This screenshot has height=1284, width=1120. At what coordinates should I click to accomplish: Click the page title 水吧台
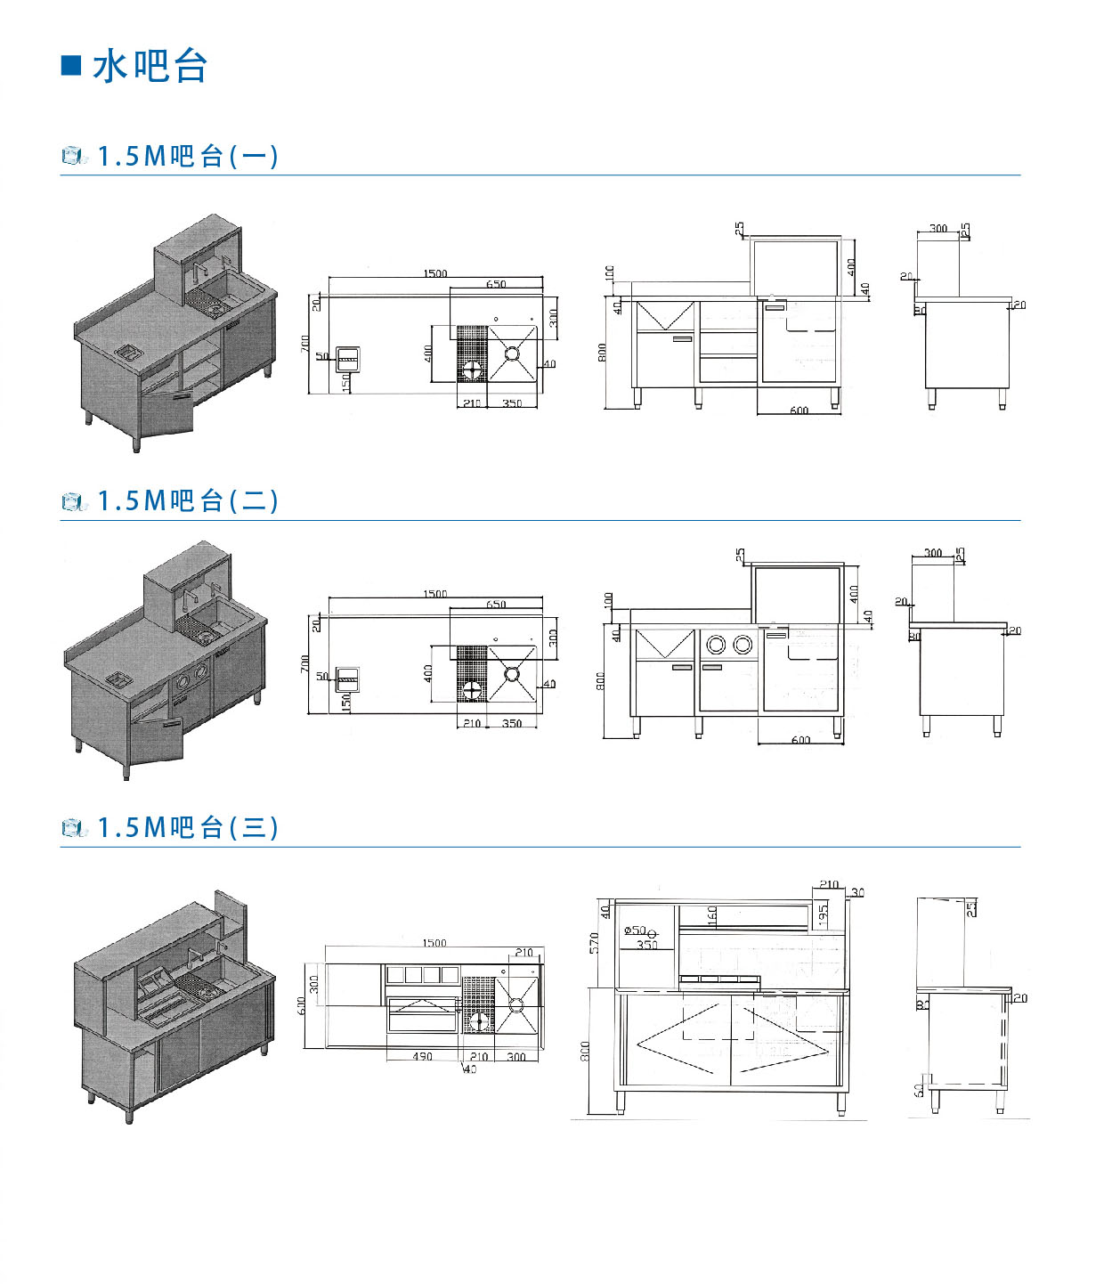(150, 67)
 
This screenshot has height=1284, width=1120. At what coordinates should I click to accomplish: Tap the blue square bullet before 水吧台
(71, 65)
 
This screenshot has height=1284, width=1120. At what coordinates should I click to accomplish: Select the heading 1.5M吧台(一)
(187, 157)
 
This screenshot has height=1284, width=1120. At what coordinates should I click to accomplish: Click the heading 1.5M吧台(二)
(187, 501)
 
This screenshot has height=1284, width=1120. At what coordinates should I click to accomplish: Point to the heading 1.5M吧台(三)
(187, 828)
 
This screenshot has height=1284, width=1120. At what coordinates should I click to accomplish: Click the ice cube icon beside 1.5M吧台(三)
(74, 829)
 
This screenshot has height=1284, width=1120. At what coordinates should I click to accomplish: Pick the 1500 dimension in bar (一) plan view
(435, 273)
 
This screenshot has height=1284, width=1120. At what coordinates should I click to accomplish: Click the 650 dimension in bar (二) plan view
(496, 605)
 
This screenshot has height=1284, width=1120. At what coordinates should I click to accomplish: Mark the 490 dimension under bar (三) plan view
(422, 1057)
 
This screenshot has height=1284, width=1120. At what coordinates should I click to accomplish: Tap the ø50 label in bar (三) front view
(636, 930)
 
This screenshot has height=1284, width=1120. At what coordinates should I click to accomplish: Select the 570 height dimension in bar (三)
(595, 943)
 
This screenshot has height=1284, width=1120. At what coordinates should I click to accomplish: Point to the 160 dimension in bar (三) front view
(712, 915)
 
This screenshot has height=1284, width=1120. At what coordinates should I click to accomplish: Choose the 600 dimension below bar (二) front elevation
(800, 741)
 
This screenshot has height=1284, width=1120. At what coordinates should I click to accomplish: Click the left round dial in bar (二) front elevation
(716, 644)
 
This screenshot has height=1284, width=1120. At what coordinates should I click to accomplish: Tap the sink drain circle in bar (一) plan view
(513, 354)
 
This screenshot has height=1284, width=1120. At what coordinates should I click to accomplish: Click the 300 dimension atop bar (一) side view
(938, 229)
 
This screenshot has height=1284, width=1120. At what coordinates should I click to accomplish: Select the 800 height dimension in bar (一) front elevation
(602, 353)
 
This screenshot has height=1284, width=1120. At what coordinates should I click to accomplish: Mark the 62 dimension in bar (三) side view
(919, 1089)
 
